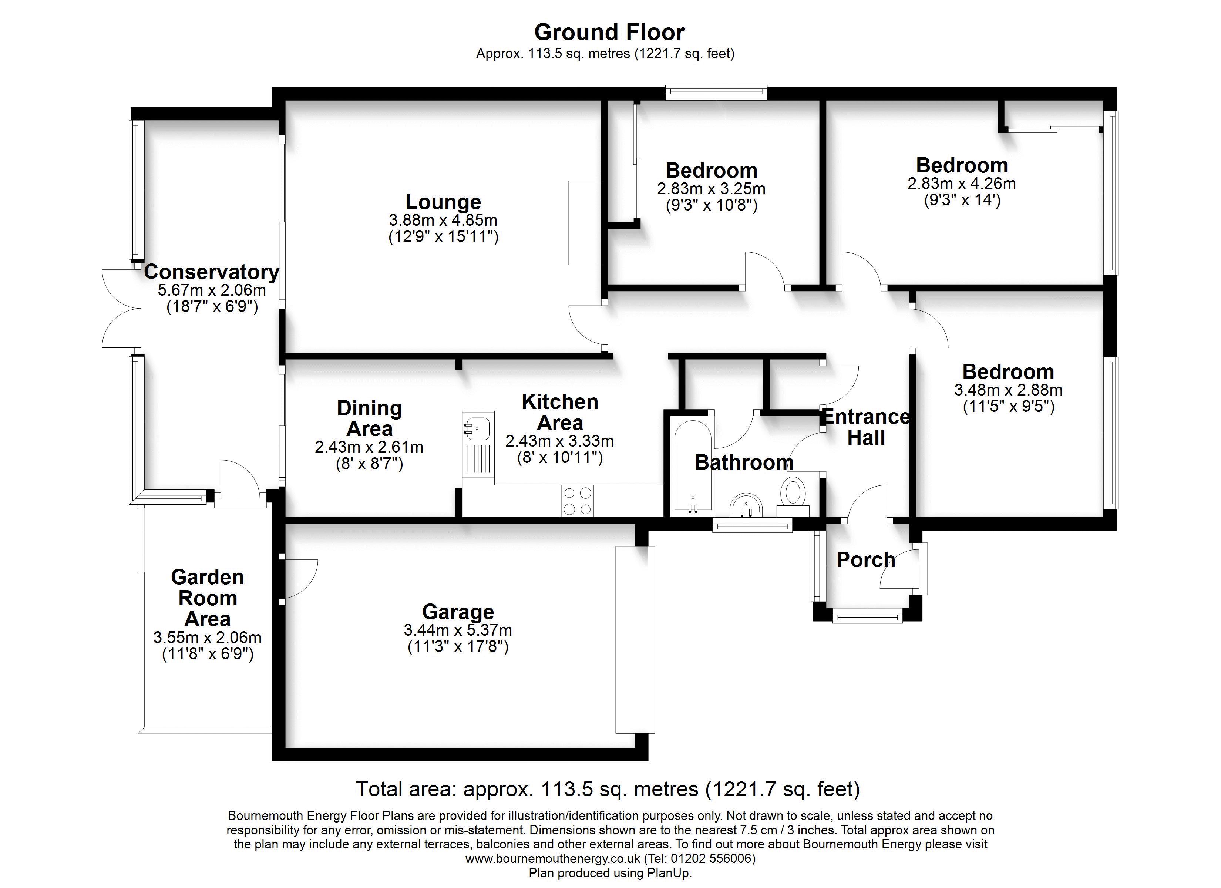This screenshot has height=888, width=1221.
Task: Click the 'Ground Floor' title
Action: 609,32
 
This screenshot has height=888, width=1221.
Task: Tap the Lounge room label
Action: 443,202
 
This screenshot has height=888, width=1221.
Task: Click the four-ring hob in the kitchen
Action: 577,501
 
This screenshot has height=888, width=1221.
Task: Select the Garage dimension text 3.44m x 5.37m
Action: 458,630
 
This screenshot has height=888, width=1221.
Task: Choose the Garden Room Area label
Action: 207,598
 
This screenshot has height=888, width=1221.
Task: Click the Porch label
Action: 866,560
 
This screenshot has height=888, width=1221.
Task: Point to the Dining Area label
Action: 369,418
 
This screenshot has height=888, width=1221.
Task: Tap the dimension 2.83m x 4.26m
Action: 962,184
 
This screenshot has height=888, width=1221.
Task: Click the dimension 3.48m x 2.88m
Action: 1008,390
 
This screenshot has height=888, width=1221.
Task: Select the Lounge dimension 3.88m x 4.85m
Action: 443,220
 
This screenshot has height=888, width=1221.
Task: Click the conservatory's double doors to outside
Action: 122,309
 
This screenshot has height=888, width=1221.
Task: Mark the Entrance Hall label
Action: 866,427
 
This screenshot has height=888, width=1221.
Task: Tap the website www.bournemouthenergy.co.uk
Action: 552,859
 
